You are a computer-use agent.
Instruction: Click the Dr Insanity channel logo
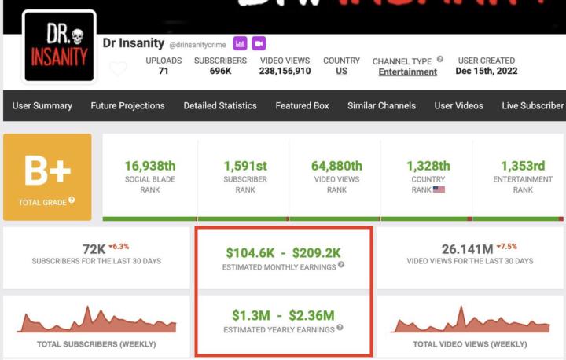(x=60, y=46)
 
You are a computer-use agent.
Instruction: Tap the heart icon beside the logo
(x=118, y=69)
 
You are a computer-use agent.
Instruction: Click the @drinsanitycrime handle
(x=197, y=44)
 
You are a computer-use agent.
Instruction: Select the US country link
(x=341, y=72)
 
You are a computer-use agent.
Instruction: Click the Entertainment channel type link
(x=407, y=72)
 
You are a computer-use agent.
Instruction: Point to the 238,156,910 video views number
(x=285, y=71)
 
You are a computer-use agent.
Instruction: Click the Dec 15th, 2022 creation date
(x=486, y=71)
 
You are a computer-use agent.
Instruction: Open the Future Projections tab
(x=127, y=106)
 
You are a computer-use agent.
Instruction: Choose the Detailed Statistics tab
(x=220, y=106)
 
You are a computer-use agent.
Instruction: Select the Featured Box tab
(x=302, y=106)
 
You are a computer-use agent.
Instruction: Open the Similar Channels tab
(x=381, y=106)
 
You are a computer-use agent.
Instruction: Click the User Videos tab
(x=459, y=106)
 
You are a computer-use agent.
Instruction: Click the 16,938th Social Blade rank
(x=149, y=166)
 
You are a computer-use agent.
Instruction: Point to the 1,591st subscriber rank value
(x=244, y=166)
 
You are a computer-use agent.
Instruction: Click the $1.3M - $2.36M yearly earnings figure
(x=284, y=315)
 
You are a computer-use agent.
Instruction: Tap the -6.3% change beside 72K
(x=119, y=245)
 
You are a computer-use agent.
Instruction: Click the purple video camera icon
(x=259, y=43)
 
